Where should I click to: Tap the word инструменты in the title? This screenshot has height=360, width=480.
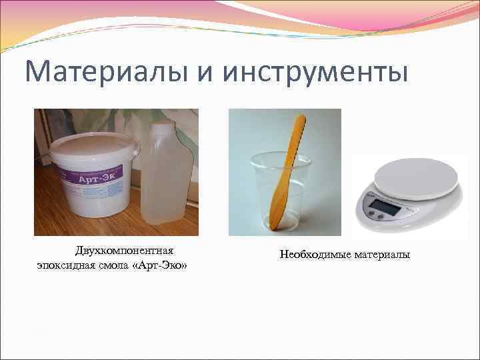pyautogui.click(x=315, y=72)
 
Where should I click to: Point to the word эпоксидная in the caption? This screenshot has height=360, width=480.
pyautogui.click(x=65, y=265)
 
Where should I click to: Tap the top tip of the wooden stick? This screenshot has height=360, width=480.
pyautogui.click(x=301, y=120)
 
